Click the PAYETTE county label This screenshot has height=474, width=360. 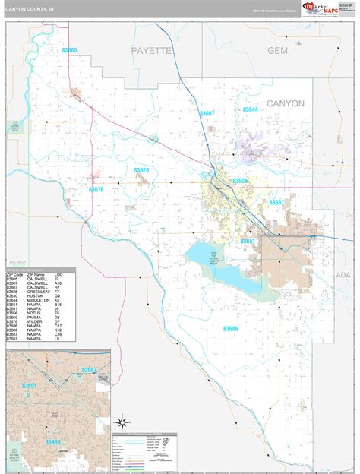coord(152,50)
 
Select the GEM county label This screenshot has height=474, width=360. coord(279,50)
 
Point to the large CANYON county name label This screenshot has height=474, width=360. coord(285,103)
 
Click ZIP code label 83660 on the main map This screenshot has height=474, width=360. coord(69,50)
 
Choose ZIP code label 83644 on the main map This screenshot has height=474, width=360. coord(250,110)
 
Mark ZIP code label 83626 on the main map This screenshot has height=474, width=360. coord(141,170)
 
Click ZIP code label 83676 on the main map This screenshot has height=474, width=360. coord(96,190)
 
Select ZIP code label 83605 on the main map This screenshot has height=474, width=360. coord(240,181)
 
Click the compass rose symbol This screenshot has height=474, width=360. coord(122,421)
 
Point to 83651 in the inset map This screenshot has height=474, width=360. coord(30,386)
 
